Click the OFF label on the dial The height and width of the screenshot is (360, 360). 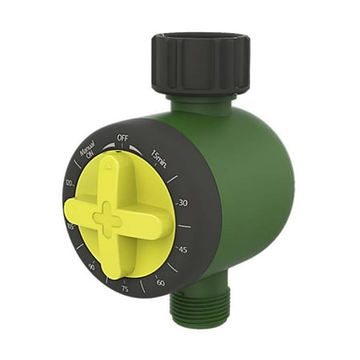tap(122, 137)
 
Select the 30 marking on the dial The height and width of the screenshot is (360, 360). tap(181, 203)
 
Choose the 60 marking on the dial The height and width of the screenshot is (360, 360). tap(161, 281)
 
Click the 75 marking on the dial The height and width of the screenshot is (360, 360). tap(125, 290)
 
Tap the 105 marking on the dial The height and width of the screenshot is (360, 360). tap(72, 228)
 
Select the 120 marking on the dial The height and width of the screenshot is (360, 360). tap(70, 184)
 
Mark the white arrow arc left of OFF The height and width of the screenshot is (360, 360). tap(105, 145)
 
